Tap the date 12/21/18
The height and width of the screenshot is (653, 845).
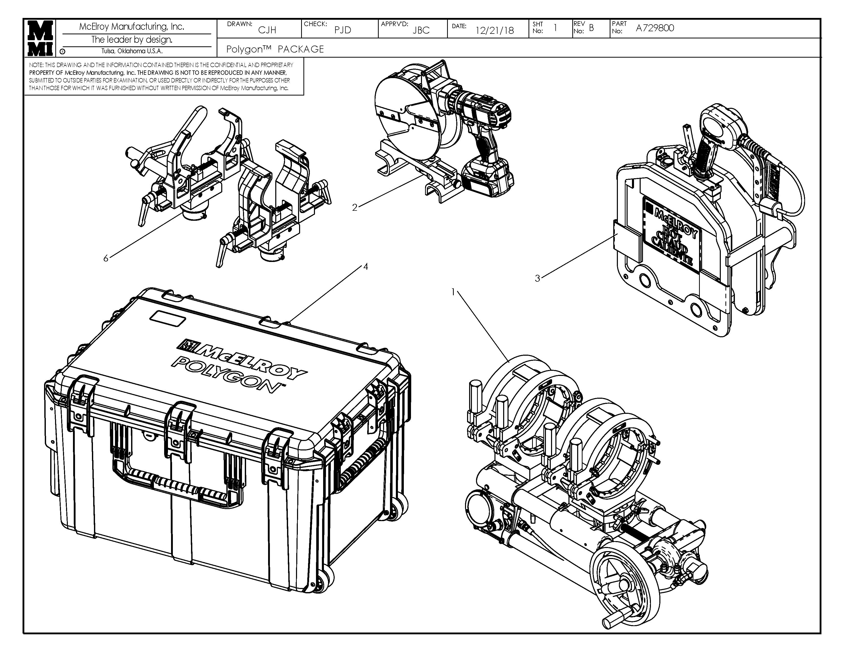click(494, 30)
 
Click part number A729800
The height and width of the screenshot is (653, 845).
click(655, 28)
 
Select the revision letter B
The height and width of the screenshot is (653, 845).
click(591, 28)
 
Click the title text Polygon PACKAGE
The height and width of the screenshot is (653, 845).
click(275, 49)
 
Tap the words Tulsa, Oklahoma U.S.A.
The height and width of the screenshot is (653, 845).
click(132, 51)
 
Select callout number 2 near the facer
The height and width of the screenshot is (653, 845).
click(354, 208)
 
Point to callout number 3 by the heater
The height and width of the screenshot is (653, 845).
click(537, 278)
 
